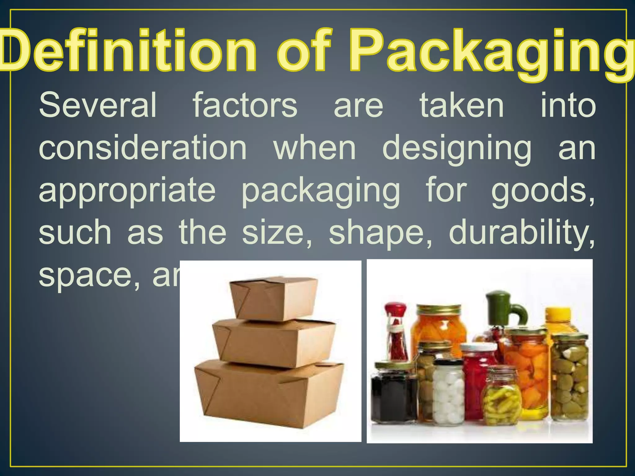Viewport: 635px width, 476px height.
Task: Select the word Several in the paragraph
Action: coord(98,105)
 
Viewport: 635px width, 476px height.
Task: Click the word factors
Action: coord(245,105)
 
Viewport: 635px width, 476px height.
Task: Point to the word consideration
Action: coord(143,148)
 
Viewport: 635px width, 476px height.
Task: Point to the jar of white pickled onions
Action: coord(448,392)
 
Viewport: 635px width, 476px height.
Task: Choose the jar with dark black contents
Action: coord(394,394)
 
